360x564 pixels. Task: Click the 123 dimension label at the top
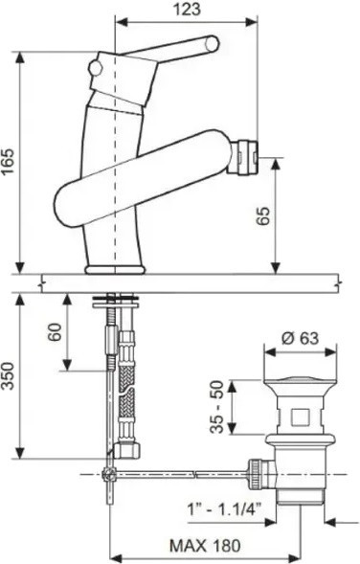tap(187, 9)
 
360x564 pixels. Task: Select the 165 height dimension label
tap(8, 161)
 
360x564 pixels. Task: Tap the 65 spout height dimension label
tap(263, 215)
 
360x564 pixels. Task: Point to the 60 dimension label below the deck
tap(55, 331)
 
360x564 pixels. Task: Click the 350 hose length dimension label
tap(8, 376)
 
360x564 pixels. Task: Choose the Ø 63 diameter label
tap(300, 338)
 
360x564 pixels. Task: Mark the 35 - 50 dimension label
tap(217, 406)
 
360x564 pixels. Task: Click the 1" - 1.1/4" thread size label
tap(224, 509)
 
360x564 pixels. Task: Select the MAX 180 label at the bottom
tap(205, 546)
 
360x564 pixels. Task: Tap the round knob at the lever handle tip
tap(212, 44)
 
